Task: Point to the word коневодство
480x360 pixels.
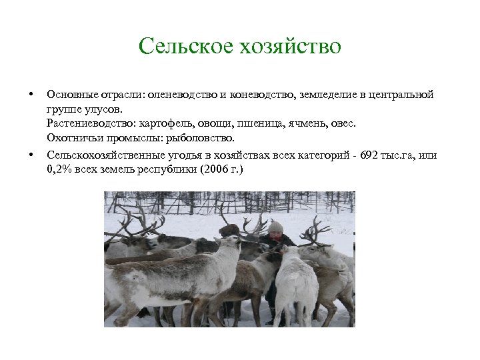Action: pos(257,95)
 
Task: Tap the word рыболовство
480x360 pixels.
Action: pos(205,139)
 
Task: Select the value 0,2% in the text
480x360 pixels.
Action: pos(59,170)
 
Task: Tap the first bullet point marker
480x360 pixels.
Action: pos(31,95)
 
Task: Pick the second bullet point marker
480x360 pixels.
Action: pos(31,155)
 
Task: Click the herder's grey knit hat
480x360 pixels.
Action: pos(275,227)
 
